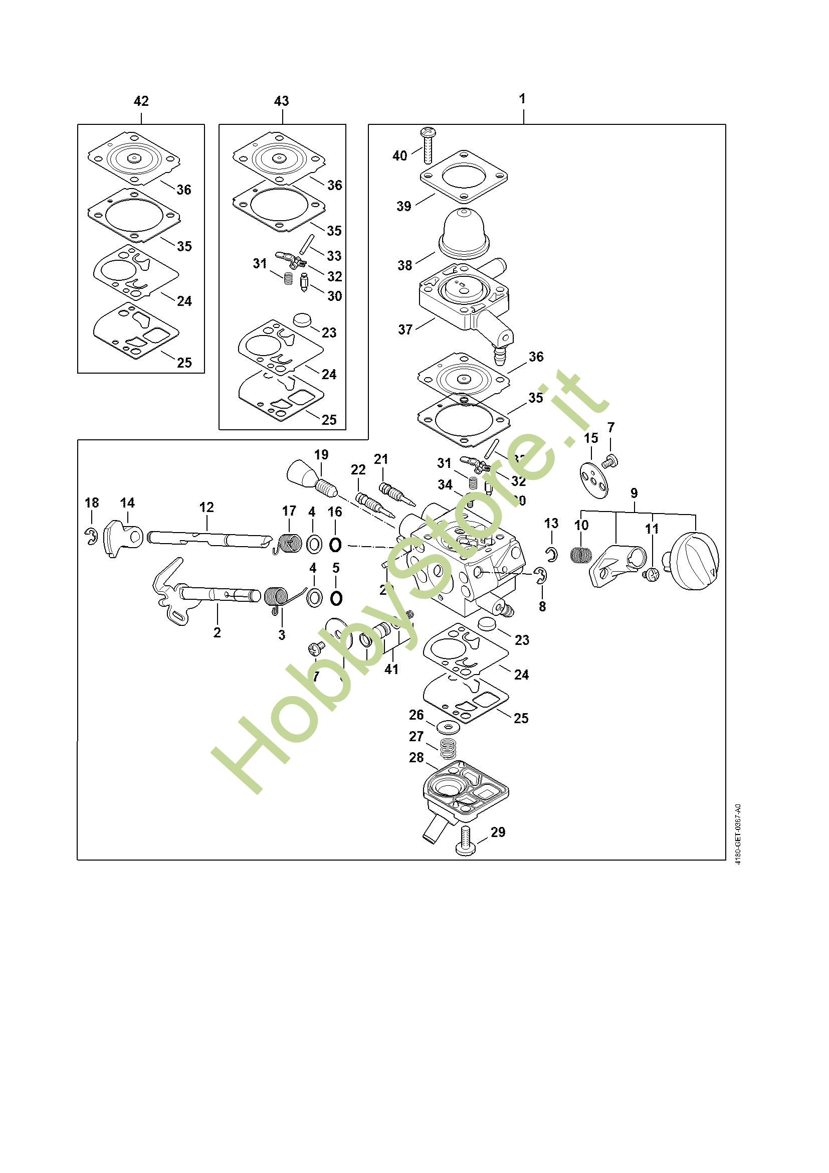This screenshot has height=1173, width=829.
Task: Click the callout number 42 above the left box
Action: [141, 101]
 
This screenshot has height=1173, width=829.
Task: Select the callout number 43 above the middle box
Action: [281, 101]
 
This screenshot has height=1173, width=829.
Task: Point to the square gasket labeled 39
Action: [465, 177]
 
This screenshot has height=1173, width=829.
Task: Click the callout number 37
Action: [405, 329]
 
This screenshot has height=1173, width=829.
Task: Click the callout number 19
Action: [321, 455]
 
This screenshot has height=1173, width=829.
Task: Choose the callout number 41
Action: [391, 669]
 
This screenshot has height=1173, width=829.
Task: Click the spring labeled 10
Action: [580, 554]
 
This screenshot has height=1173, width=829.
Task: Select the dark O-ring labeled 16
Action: [335, 545]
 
